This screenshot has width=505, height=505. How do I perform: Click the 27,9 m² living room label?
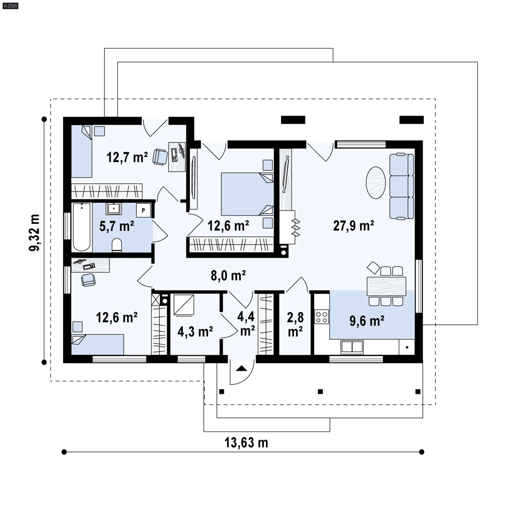point(353,226)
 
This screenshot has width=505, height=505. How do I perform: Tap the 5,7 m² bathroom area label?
point(117,226)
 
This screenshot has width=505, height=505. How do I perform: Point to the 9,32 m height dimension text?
point(34,233)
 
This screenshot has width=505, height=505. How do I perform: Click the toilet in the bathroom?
point(117,245)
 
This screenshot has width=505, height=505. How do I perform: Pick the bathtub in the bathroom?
point(82,227)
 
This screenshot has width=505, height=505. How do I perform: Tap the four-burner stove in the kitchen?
point(322,317)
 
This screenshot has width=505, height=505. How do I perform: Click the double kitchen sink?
point(352,347)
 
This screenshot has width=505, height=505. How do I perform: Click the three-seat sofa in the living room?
point(401,186)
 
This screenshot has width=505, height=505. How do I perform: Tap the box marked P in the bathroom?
point(143,210)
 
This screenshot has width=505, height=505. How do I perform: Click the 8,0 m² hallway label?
point(228,276)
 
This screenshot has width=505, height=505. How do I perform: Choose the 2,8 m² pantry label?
point(295,325)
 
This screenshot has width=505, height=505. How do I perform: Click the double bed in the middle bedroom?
point(247,194)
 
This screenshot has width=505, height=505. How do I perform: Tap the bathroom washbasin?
point(114,209)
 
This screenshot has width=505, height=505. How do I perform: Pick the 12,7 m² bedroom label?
point(127,157)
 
